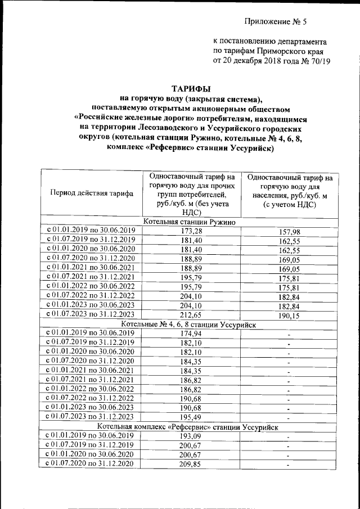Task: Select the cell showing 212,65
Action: coord(192,315)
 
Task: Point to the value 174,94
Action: coord(192,334)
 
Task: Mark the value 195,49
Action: coord(192,417)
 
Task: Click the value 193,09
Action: coord(192,436)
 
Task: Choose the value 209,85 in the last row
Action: coord(192,464)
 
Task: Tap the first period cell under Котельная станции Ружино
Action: coord(91,231)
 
